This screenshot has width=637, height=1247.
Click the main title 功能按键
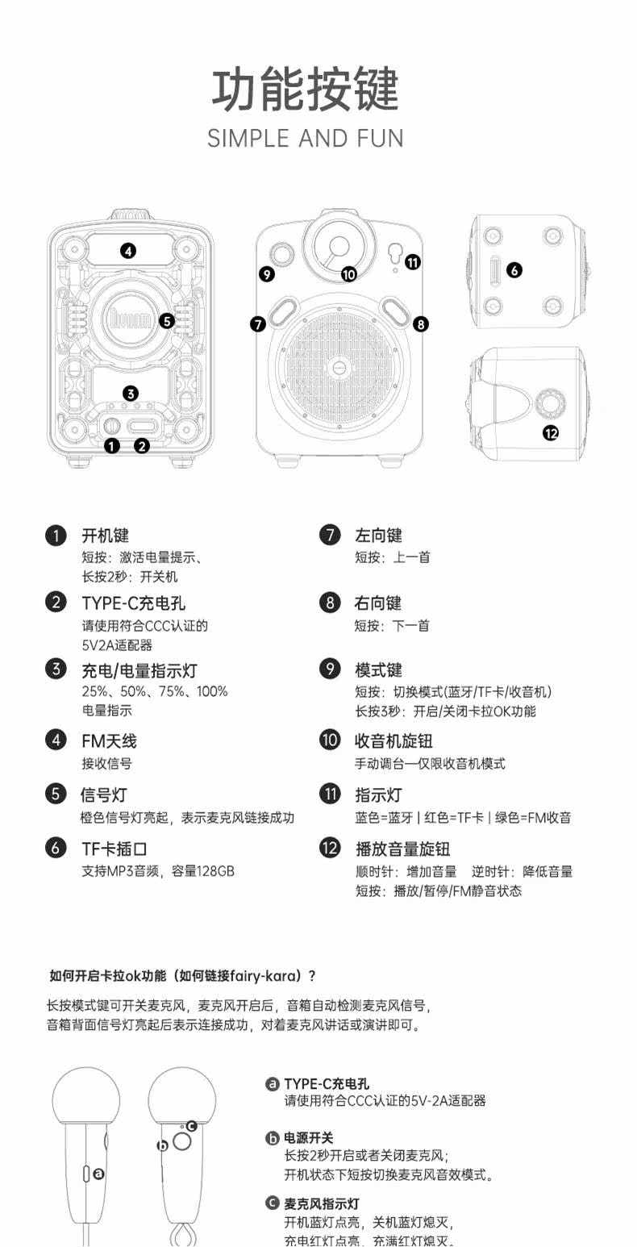[305, 90]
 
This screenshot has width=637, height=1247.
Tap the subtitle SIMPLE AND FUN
[305, 138]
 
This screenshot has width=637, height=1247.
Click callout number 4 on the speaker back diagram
[128, 250]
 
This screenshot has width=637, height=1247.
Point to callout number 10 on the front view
[348, 274]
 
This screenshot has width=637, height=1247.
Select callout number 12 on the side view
[551, 433]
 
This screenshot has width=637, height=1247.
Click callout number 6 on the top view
[514, 270]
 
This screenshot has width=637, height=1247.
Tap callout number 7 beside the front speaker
[258, 324]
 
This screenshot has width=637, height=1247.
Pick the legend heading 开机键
[105, 535]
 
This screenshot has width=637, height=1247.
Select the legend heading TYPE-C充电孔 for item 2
[133, 603]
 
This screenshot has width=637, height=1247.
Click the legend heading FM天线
[109, 740]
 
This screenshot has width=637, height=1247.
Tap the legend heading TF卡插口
[114, 849]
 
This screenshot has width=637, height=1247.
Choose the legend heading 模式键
[378, 669]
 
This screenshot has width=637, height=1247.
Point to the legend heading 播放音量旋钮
[402, 849]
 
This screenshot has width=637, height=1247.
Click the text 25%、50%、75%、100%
[155, 691]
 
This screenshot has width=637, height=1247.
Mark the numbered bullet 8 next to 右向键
[330, 603]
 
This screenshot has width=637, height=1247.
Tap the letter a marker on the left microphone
[99, 1174]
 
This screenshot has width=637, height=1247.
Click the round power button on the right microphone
[182, 1141]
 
